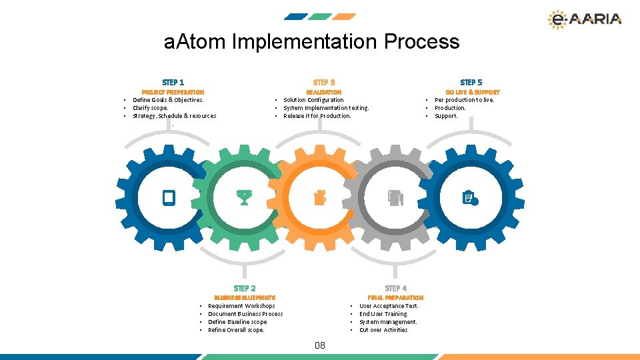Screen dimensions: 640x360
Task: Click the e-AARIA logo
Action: pyautogui.click(x=584, y=20)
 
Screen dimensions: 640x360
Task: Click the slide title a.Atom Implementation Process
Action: pyautogui.click(x=311, y=42)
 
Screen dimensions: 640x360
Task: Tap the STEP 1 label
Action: pyautogui.click(x=173, y=82)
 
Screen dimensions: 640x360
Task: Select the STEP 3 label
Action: pyautogui.click(x=324, y=82)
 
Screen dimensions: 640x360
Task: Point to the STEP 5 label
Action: pyautogui.click(x=471, y=82)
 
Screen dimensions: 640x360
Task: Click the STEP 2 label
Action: pyautogui.click(x=245, y=288)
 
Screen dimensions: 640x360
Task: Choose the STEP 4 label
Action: pyautogui.click(x=396, y=288)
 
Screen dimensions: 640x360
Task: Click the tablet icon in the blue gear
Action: pyautogui.click(x=169, y=197)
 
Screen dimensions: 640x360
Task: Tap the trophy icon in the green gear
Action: pyautogui.click(x=244, y=197)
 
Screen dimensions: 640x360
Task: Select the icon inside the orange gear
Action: pyautogui.click(x=320, y=197)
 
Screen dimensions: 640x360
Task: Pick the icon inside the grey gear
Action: pyautogui.click(x=395, y=197)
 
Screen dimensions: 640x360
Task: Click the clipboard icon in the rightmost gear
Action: pyautogui.click(x=471, y=197)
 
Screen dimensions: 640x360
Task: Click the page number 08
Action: pyautogui.click(x=320, y=345)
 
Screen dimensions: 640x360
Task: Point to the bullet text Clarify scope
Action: pyautogui.click(x=151, y=108)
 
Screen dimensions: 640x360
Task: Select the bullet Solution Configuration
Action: pyautogui.click(x=313, y=100)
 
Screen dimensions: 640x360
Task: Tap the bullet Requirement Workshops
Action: pyautogui.click(x=241, y=306)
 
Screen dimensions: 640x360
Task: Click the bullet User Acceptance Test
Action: pyautogui.click(x=389, y=306)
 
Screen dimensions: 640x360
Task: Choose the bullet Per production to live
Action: pyautogui.click(x=464, y=100)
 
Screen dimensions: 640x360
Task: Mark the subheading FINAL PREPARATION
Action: pyautogui.click(x=396, y=297)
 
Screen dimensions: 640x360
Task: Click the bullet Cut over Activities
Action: pyautogui.click(x=383, y=330)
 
